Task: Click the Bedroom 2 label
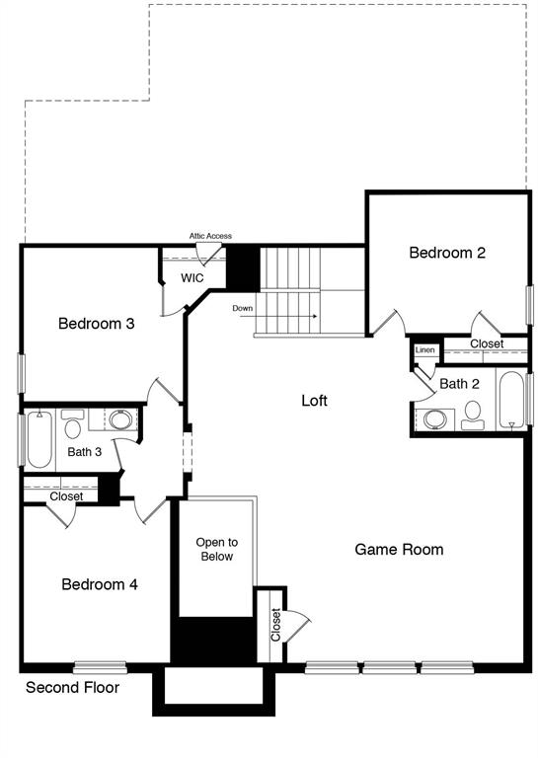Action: pyautogui.click(x=447, y=253)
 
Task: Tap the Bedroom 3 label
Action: pyautogui.click(x=96, y=323)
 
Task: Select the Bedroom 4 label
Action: pyautogui.click(x=99, y=584)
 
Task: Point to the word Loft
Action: pyautogui.click(x=314, y=401)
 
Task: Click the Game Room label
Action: pyautogui.click(x=399, y=549)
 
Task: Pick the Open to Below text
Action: pyautogui.click(x=215, y=550)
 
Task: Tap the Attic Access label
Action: pyautogui.click(x=210, y=236)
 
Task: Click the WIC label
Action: pyautogui.click(x=192, y=278)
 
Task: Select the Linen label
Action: pyautogui.click(x=424, y=350)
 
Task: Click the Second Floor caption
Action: pyautogui.click(x=72, y=687)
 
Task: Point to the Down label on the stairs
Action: pyautogui.click(x=243, y=309)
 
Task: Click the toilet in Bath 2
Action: pyautogui.click(x=472, y=414)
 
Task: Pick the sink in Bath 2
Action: pyautogui.click(x=434, y=419)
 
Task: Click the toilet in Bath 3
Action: pyautogui.click(x=73, y=426)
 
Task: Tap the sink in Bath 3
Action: pyautogui.click(x=120, y=420)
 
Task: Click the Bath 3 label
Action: pyautogui.click(x=84, y=452)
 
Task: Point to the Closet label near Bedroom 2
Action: pyautogui.click(x=486, y=344)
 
